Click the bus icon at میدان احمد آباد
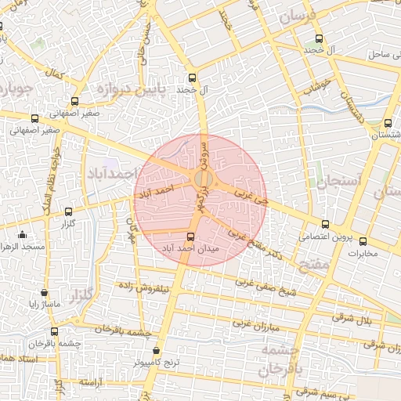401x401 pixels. tap(190, 236)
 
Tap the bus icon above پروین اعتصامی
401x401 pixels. tap(326, 225)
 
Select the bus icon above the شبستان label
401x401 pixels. tap(388, 123)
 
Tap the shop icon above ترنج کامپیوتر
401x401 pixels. tap(156, 351)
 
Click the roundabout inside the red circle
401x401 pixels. tap(202, 180)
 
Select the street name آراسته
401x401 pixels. tap(92, 381)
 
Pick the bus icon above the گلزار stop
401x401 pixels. tap(69, 211)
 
